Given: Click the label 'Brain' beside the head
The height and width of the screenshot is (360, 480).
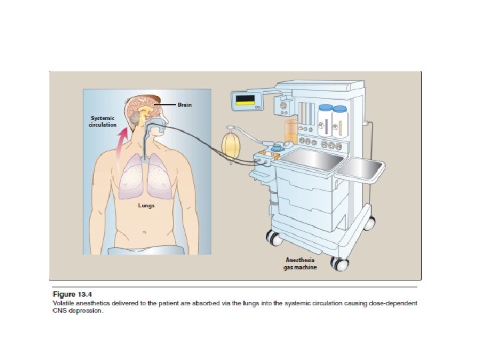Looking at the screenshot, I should (185, 105).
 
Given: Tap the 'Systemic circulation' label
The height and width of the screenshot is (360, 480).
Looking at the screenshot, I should (103, 121).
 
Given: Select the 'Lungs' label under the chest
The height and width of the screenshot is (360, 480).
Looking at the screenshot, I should (147, 205).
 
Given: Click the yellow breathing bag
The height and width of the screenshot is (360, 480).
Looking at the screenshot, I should (232, 147).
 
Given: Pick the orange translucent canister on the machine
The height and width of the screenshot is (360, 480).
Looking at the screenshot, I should (290, 131).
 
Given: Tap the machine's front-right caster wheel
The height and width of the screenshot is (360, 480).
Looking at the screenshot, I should (341, 263).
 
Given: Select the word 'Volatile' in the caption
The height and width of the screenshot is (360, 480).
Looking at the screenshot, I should (65, 303).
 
